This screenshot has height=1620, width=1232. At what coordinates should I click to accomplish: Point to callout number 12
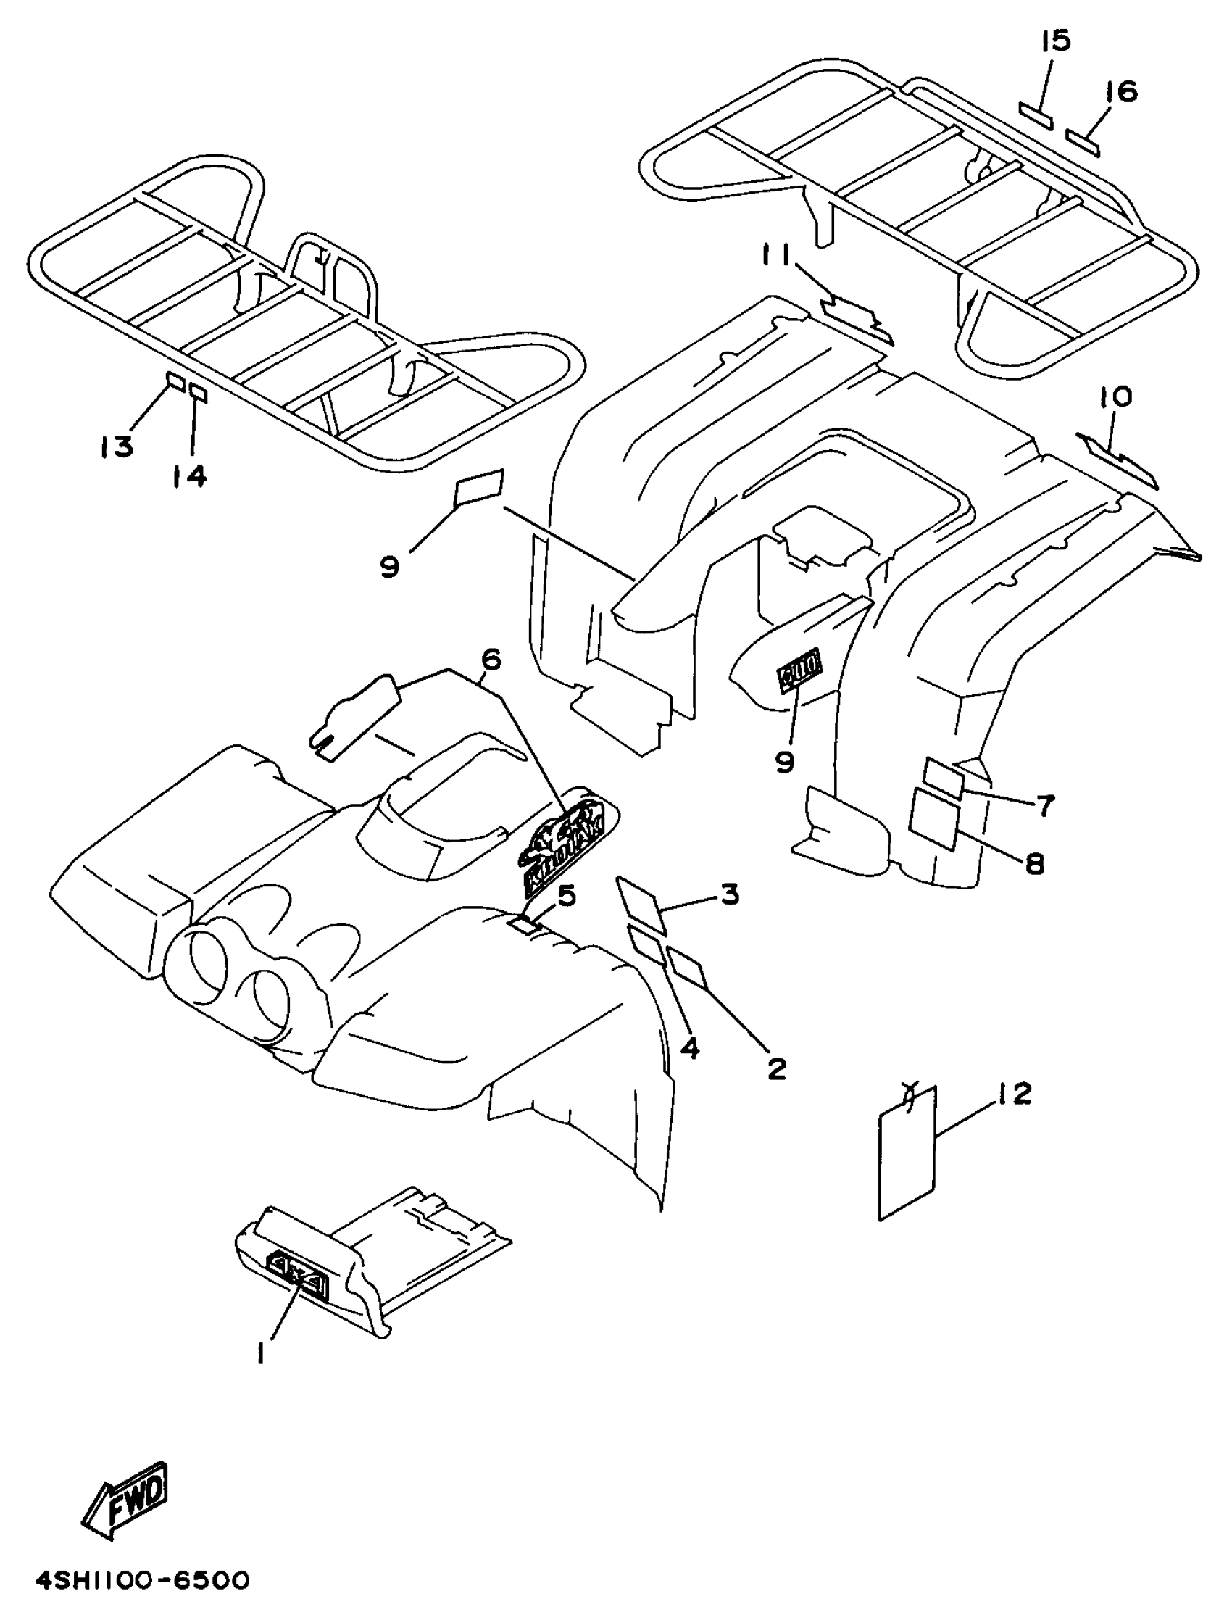tap(1013, 1094)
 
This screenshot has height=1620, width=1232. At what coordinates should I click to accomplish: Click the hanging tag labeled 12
tap(908, 1155)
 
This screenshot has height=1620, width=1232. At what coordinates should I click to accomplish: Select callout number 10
tap(1115, 396)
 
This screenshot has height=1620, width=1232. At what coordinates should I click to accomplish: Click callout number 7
tap(1044, 805)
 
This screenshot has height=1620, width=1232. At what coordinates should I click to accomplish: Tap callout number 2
tap(776, 1066)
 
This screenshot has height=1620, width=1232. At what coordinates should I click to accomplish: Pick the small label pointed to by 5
tap(526, 926)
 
